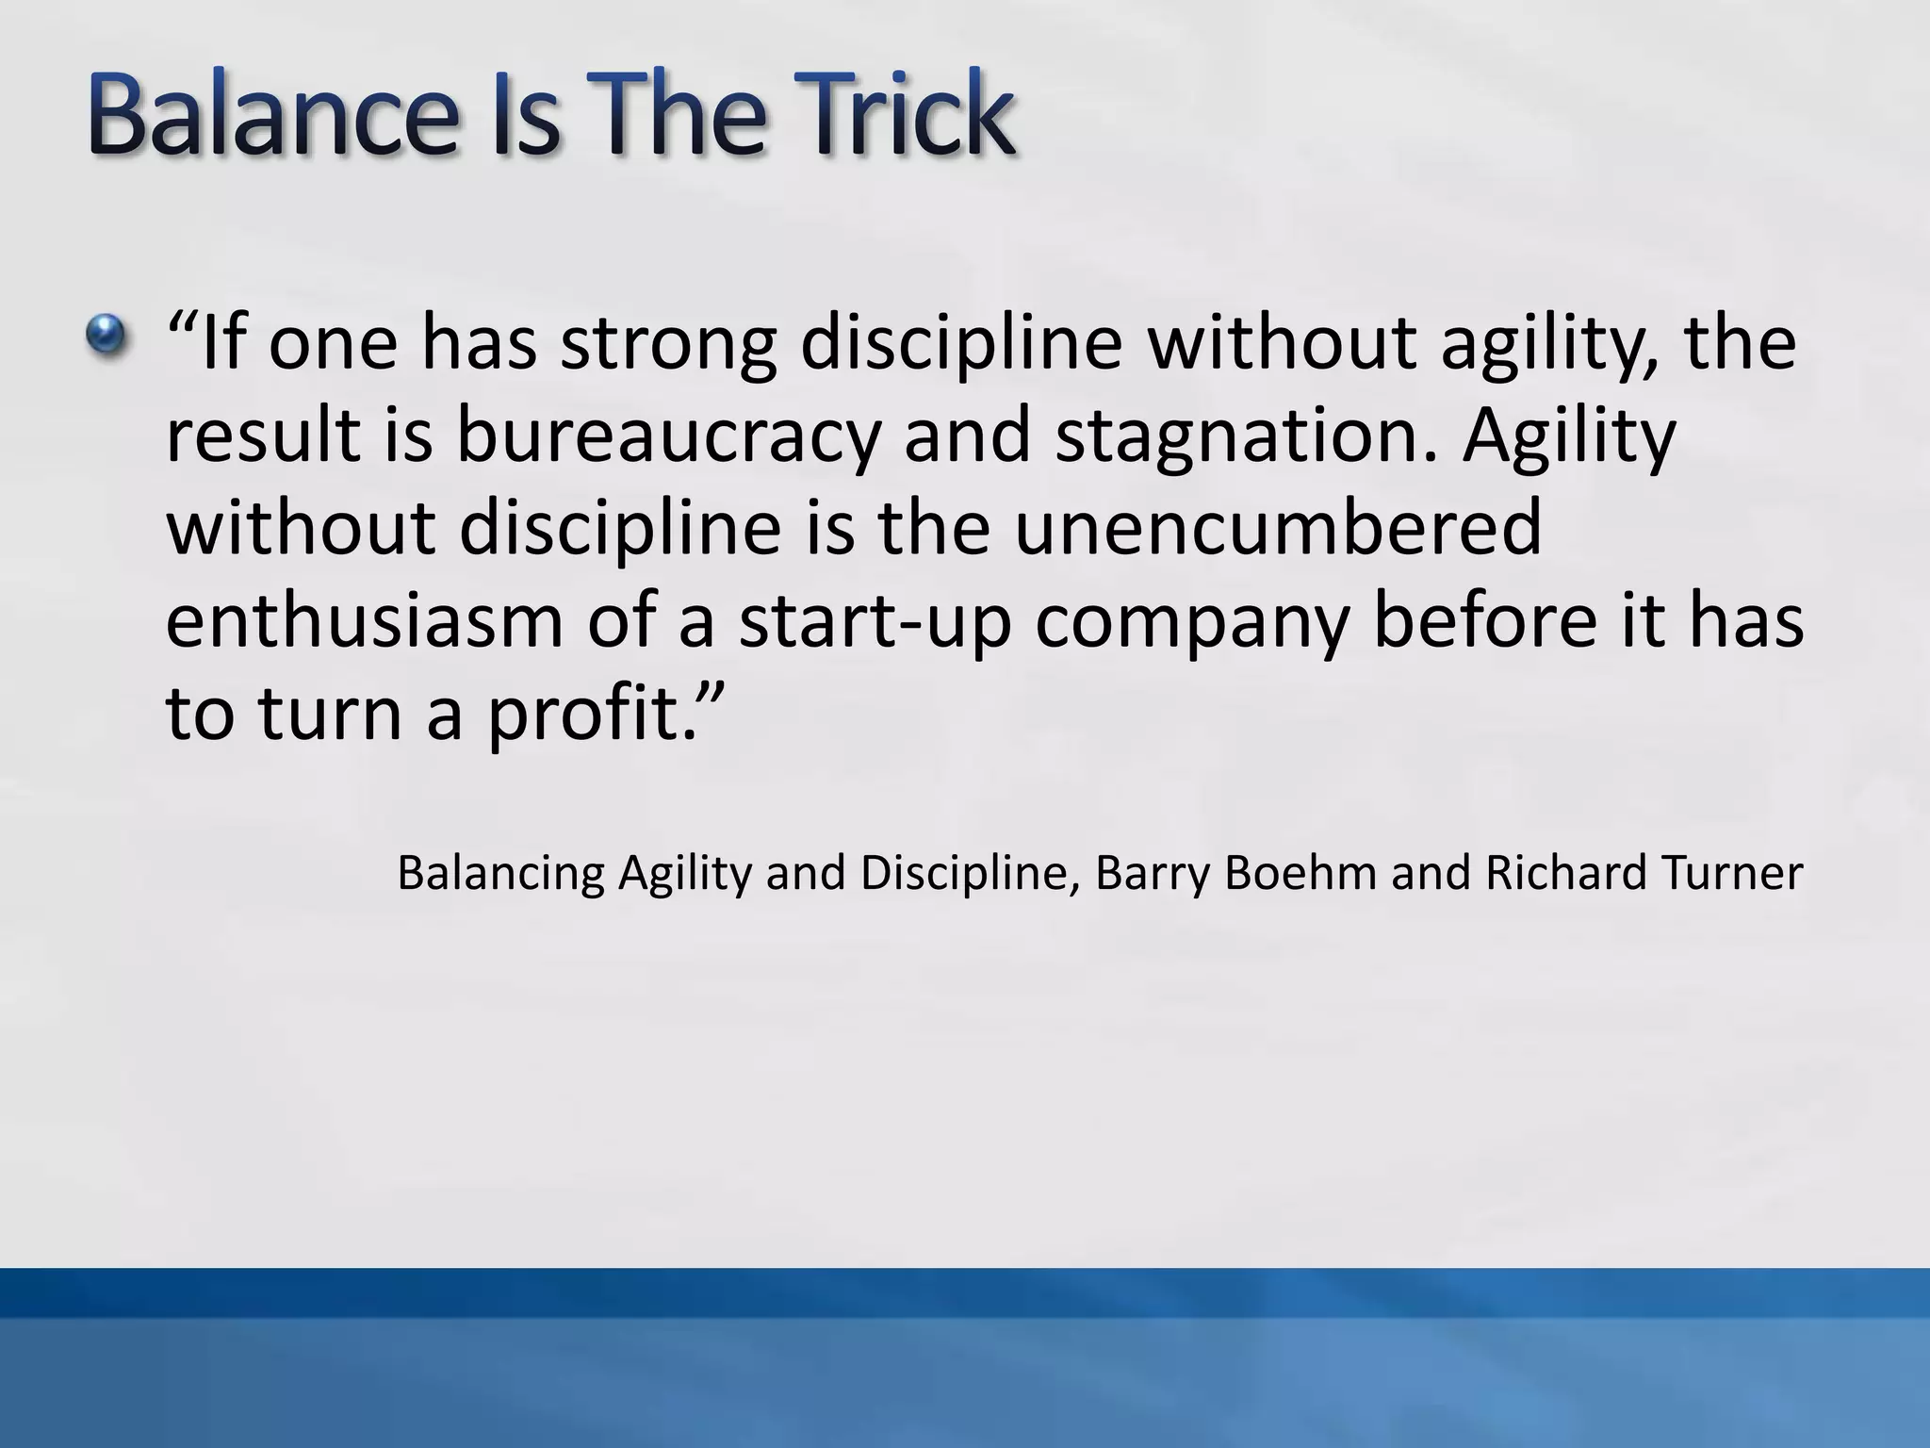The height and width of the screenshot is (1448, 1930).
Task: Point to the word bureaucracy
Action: click(668, 436)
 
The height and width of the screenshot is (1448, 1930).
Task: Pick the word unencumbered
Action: click(1277, 528)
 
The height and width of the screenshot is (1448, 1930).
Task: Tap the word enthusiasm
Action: click(364, 621)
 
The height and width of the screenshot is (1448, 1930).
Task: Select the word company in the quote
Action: click(1193, 623)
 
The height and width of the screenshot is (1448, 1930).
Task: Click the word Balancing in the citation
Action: click(499, 873)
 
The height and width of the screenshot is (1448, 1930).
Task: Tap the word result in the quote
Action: click(264, 436)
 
